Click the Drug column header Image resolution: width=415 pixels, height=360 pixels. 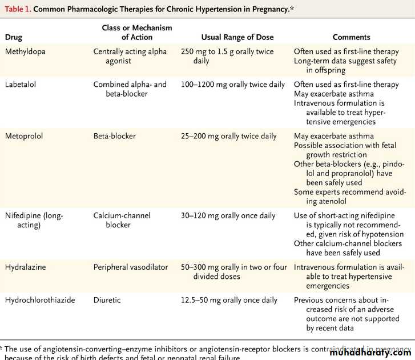pos(14,37)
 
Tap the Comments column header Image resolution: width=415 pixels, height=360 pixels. pos(351,37)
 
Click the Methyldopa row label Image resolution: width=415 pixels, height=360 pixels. pos(26,51)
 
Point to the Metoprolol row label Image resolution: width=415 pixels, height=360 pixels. pos(24,136)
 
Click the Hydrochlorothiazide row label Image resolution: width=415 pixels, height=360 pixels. pos(39,300)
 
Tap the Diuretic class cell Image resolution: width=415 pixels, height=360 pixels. pos(107,300)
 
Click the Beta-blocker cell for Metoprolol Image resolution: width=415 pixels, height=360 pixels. pos(112,136)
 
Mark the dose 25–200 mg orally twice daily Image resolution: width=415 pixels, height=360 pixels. pos(228,136)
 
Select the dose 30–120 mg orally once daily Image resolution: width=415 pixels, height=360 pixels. pos(227,215)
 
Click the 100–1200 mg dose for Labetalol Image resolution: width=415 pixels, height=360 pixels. pos(232,85)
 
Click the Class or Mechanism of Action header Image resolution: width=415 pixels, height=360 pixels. pos(136,32)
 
